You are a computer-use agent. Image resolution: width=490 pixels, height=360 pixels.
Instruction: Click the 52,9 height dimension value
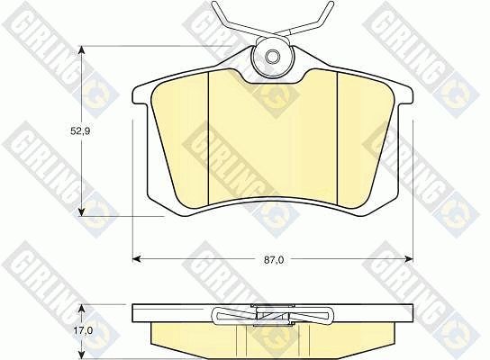pos(80,131)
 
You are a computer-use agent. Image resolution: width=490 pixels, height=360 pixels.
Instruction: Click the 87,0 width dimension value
pos(274,260)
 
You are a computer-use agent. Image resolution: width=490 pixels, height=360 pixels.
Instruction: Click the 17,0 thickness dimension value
pos(84,330)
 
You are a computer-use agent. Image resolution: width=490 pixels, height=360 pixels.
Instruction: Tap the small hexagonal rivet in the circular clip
pos(271,57)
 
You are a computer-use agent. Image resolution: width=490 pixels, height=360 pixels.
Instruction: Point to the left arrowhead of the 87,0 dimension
pos(137,259)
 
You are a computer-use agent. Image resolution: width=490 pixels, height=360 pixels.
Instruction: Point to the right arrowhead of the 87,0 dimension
pos(409,259)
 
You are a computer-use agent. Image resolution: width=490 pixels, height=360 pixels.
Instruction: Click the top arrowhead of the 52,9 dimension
pos(81,50)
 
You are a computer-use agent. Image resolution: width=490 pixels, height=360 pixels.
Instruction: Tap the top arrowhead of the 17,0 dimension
pos(81,309)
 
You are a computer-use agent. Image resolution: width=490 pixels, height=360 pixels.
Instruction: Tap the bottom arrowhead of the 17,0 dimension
pos(81,355)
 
